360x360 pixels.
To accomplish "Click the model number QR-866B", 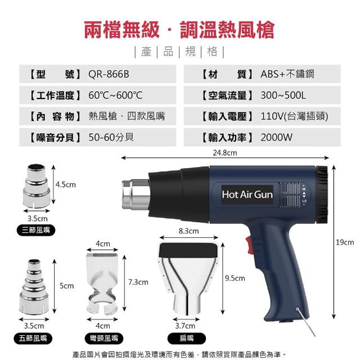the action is pos(109,74).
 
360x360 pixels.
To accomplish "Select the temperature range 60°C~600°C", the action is pos(115,95).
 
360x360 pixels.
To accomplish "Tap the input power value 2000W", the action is pos(276,137).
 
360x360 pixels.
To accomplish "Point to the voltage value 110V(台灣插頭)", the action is pos(294,116).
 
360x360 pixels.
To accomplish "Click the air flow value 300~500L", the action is pos(283,95).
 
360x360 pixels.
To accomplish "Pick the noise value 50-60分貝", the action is pos(111,137).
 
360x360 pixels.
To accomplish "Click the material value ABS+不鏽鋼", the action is pos(287,74).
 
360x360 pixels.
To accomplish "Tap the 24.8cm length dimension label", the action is pos(225,152).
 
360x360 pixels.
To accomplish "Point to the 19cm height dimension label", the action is pos(345,242).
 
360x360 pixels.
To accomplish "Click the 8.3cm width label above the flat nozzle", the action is pos(189,231).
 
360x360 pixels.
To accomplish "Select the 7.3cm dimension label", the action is pos(138,282).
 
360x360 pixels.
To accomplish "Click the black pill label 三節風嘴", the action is pos(36,230).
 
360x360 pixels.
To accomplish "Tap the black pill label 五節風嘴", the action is pos(33,339).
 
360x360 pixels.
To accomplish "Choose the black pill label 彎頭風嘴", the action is pos(104,339).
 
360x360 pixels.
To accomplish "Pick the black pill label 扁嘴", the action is pos(186,339).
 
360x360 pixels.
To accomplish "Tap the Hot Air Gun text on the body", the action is pos(247,195).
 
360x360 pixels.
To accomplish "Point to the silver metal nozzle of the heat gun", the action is pos(136,195).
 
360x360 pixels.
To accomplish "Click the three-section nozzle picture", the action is pos(36,186).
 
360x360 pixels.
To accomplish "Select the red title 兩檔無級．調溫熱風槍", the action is pos(179,30).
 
